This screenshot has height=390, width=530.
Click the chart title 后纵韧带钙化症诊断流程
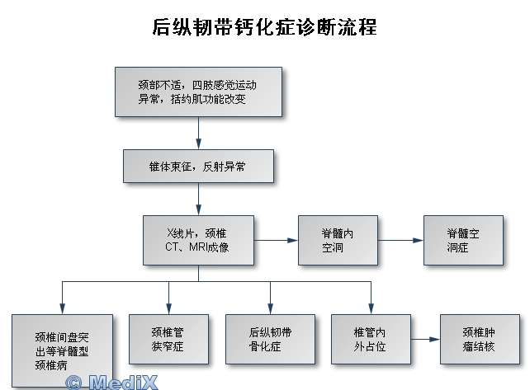coord(265,27)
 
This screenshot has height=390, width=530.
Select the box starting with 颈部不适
coord(198,91)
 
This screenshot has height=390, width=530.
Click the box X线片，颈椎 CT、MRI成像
coord(198,240)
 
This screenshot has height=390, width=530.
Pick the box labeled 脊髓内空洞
coord(338,240)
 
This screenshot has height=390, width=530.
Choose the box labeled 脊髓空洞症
coord(462,240)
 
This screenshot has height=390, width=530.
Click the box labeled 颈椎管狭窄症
coord(168,339)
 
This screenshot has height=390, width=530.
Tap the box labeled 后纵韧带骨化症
coord(270,339)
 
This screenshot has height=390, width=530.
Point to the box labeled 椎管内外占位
coord(371,339)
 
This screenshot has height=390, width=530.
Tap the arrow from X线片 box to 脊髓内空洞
coord(276,240)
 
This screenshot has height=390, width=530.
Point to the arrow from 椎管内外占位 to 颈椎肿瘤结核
coord(425,339)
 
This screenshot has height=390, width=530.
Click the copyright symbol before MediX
coord(75,383)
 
